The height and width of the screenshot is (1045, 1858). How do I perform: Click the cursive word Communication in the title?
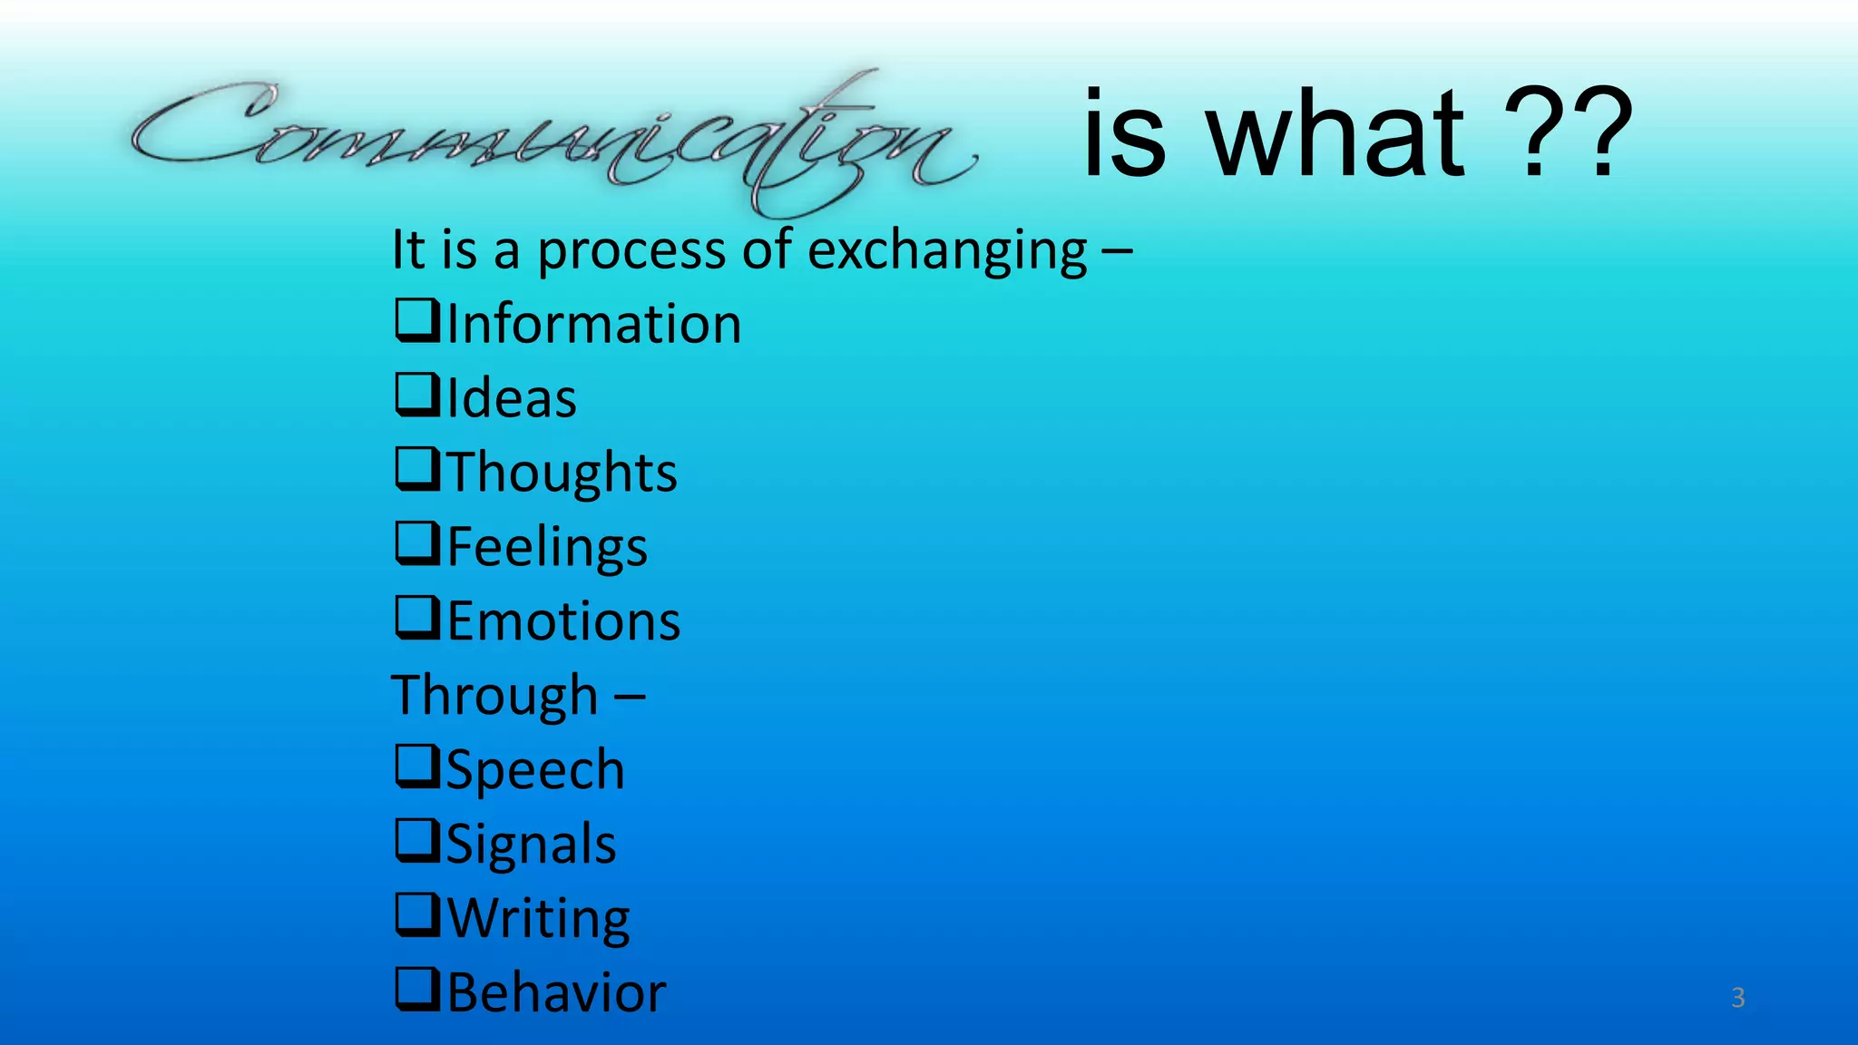553,136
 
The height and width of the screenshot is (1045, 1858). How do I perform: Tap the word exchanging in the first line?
947,250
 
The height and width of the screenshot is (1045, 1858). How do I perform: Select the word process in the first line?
631,252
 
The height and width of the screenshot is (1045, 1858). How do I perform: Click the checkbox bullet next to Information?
417,321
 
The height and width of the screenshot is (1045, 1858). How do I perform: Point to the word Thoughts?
562,473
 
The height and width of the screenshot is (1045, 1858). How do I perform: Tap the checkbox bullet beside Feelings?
417,543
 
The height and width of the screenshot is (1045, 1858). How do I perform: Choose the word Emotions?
563,621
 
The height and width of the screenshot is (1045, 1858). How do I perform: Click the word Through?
495,696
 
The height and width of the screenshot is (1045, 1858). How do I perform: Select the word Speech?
535,770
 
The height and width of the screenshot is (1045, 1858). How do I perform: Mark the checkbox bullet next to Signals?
417,841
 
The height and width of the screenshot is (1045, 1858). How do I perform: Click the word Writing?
539,919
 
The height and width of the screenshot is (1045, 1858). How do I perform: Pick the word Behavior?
556,992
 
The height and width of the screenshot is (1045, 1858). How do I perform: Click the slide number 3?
1737,998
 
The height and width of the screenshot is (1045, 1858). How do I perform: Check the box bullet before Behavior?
417,990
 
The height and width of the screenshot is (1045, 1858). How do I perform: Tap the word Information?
594,325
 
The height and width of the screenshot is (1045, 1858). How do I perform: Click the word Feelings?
547,547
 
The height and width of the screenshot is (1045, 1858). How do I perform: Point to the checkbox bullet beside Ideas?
417,396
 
